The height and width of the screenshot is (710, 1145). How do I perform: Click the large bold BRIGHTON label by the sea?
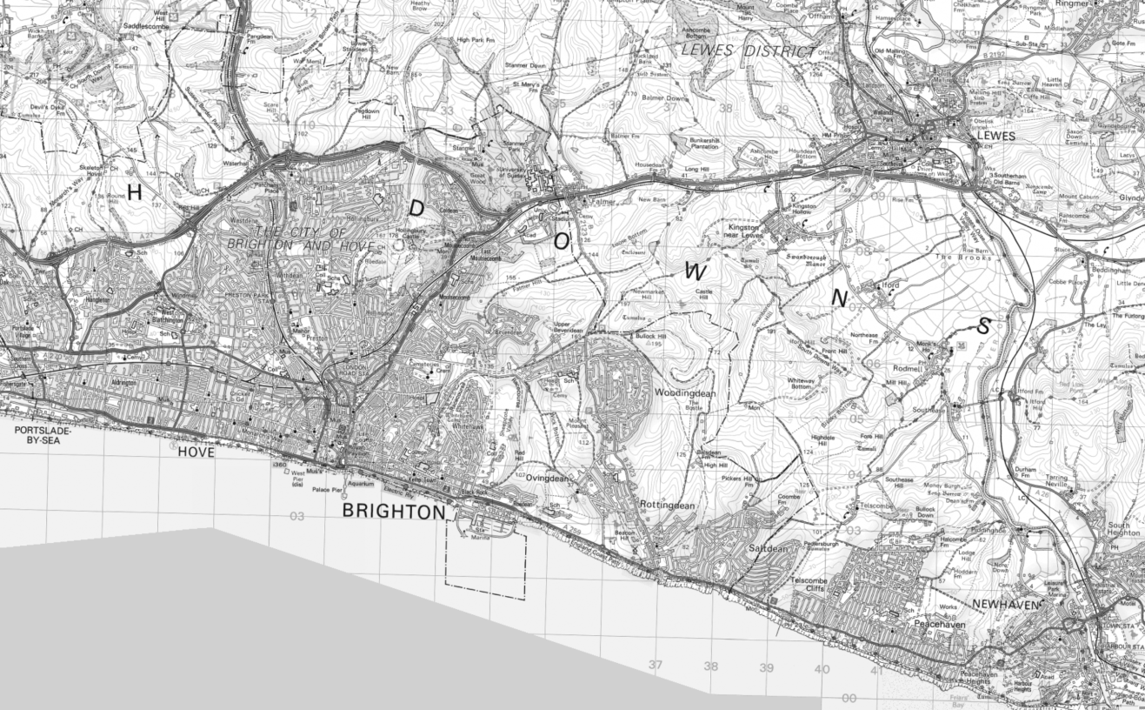pyautogui.click(x=393, y=512)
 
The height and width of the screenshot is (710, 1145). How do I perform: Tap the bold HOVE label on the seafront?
pyautogui.click(x=196, y=452)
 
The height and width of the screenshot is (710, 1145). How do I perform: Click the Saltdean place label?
pyautogui.click(x=768, y=549)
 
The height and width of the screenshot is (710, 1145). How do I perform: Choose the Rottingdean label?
pyautogui.click(x=667, y=506)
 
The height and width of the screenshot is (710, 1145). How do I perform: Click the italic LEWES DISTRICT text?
pyautogui.click(x=749, y=51)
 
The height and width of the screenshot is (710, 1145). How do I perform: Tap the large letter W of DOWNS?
pyautogui.click(x=696, y=271)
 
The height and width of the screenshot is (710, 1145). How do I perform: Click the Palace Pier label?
pyautogui.click(x=328, y=490)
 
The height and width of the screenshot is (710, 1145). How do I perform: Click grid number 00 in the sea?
pyautogui.click(x=849, y=698)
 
